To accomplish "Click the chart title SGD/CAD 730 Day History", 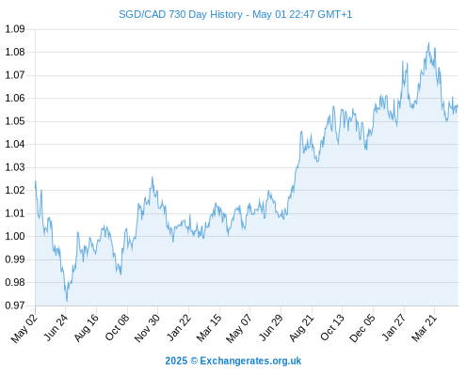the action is tap(181, 14).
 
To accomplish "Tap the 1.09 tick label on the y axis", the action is tap(15, 29).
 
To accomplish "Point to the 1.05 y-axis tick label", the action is tap(15, 121).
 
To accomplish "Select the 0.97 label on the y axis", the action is tap(15, 305).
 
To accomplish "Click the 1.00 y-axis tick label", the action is tap(15, 236).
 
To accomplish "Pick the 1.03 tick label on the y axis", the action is tap(15, 167).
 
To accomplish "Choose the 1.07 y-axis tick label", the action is tap(15, 75).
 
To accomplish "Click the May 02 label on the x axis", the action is tap(24, 328).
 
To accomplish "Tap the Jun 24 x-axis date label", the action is tap(56, 327).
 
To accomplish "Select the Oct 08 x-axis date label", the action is tap(117, 327).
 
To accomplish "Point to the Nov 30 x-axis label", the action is tap(147, 328).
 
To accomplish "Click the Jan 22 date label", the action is tap(179, 327).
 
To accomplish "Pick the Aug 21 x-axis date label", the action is tap(301, 327).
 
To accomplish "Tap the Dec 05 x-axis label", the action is tap(362, 328).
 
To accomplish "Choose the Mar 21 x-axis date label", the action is tap(425, 327).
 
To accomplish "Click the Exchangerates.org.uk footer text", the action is tap(250, 361).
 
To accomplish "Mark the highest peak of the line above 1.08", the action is tap(428, 43).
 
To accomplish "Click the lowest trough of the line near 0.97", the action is tap(67, 302).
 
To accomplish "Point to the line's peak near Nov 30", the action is tap(153, 177).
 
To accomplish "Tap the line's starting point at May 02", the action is tap(35, 188).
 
